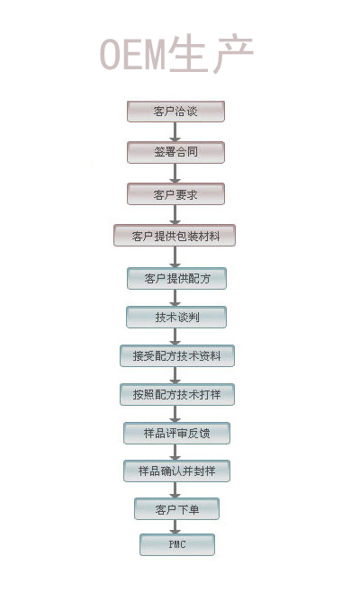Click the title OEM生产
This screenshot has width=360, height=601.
(x=176, y=54)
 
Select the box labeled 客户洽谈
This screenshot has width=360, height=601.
(x=175, y=112)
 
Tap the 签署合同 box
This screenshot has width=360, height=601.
(x=175, y=152)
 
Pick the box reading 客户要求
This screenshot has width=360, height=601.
(x=175, y=194)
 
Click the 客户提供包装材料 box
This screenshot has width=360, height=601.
(x=175, y=236)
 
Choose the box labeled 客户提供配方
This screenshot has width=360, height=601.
(x=176, y=278)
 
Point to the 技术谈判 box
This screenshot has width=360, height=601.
(x=176, y=317)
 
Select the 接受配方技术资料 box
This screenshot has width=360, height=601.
(x=177, y=355)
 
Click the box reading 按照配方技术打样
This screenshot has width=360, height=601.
(x=177, y=394)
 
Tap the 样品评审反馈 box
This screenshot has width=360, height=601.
(x=176, y=433)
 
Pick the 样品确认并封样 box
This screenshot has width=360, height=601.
(x=176, y=471)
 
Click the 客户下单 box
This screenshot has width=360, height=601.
(x=176, y=509)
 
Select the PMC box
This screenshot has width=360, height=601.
(x=177, y=544)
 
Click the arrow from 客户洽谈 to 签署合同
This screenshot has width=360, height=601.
(x=175, y=132)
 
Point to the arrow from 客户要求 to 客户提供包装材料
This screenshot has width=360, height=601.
(x=175, y=215)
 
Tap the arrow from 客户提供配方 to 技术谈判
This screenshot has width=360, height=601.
(x=175, y=298)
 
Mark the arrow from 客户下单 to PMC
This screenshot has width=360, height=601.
(x=175, y=527)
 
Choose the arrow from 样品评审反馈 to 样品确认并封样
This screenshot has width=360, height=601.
(x=175, y=453)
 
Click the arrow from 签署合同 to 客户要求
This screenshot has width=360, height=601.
(x=175, y=174)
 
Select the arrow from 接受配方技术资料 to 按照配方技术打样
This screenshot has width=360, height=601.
(x=175, y=375)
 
